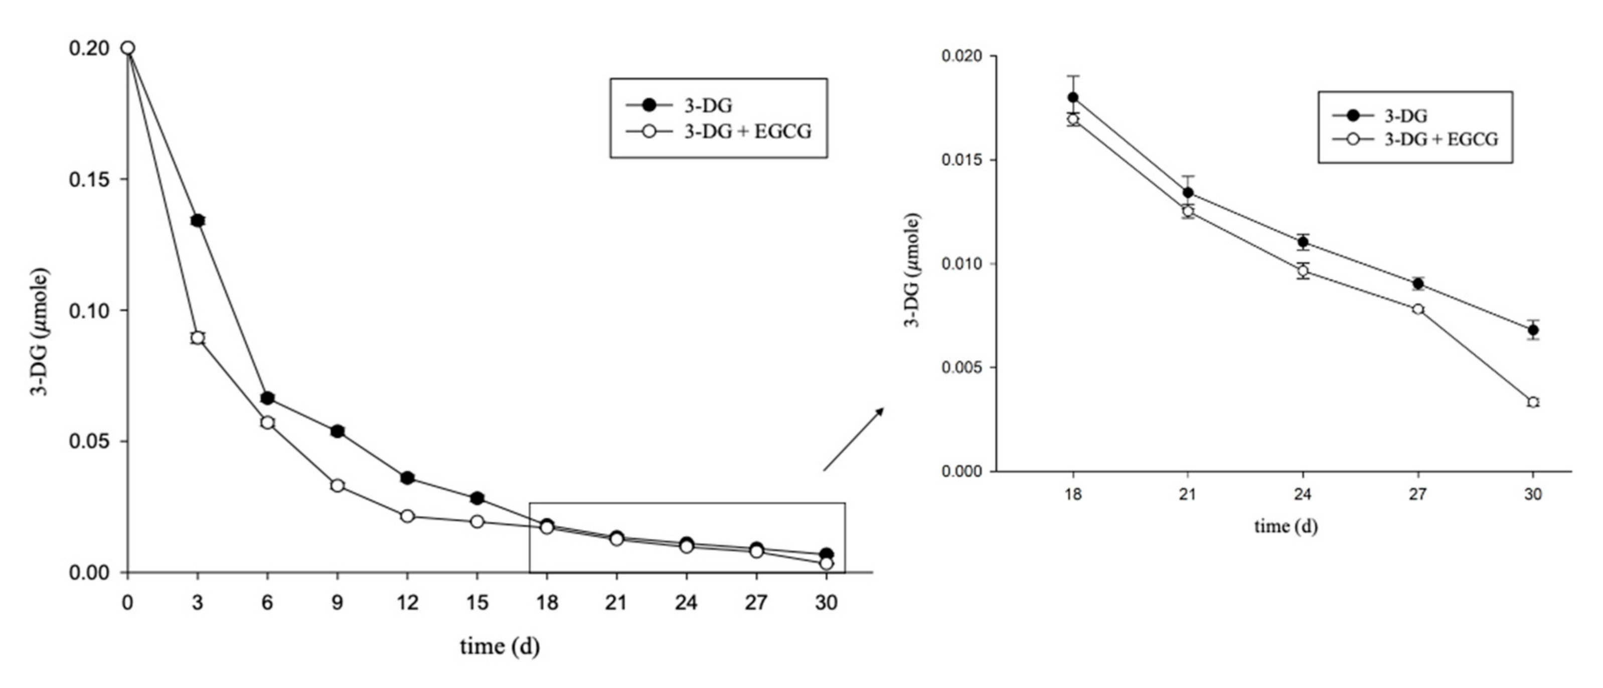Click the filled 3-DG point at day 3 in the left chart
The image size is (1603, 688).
point(198,220)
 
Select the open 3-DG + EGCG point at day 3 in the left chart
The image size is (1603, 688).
point(198,338)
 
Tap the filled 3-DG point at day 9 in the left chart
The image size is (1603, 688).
point(337,431)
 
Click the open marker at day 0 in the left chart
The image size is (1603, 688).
point(127,48)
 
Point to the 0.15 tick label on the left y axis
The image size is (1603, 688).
point(90,180)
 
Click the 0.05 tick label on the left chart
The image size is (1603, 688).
point(90,442)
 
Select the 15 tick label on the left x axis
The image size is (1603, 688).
point(477,603)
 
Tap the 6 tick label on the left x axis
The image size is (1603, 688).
point(267,603)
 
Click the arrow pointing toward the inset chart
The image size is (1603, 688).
point(853,439)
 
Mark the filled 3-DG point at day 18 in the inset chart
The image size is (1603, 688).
point(1073,98)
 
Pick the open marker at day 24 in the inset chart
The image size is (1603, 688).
point(1303,271)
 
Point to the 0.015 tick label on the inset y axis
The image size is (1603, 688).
point(961,160)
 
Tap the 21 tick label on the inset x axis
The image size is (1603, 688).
point(1187,494)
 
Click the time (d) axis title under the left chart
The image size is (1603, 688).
point(500,647)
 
